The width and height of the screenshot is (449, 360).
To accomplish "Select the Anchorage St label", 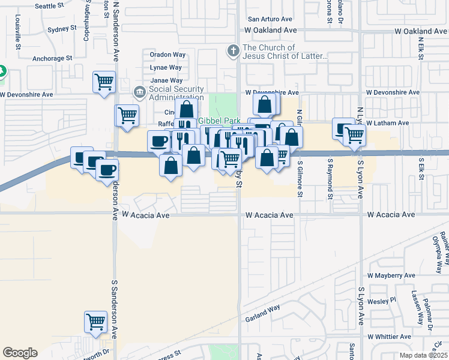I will [x=52, y=59].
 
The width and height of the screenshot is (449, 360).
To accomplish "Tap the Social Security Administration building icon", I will [x=139, y=92].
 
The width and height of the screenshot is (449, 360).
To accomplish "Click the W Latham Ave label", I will [x=387, y=123].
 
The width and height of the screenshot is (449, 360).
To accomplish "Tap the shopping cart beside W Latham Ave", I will [x=355, y=136].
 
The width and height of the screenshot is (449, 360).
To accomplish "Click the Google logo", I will [x=20, y=353].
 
